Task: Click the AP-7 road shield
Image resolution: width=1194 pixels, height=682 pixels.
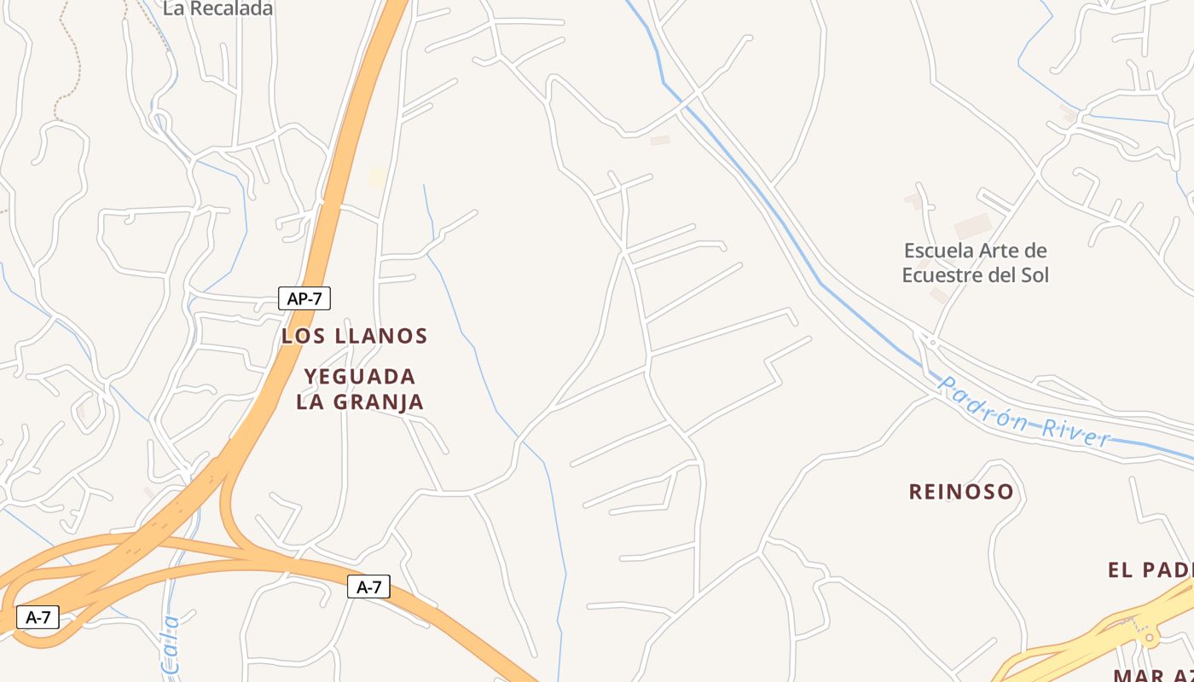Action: pos(304,298)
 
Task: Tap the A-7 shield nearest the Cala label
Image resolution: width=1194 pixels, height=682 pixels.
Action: pos(38,617)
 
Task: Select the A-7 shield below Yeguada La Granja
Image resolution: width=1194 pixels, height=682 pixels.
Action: pos(368,587)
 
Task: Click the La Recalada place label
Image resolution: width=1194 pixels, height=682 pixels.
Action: pos(217,9)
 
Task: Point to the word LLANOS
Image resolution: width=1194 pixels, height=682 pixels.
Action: pos(381,336)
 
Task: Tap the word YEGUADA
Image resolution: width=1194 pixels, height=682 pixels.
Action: pos(360,376)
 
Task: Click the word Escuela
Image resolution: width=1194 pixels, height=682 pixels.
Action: pos(938,251)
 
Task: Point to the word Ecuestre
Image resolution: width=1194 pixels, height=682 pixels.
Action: pos(943,275)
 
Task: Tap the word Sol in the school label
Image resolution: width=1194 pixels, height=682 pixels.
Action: pos(1034,275)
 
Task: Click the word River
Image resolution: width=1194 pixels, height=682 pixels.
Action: pos(1075,431)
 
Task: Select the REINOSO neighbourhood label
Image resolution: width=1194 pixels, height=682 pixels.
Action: pos(961,492)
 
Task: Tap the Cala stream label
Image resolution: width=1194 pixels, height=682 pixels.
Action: pos(171,644)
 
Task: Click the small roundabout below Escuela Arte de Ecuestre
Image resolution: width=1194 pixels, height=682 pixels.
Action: pos(932,343)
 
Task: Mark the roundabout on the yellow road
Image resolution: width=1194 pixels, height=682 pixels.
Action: pos(1149,637)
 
